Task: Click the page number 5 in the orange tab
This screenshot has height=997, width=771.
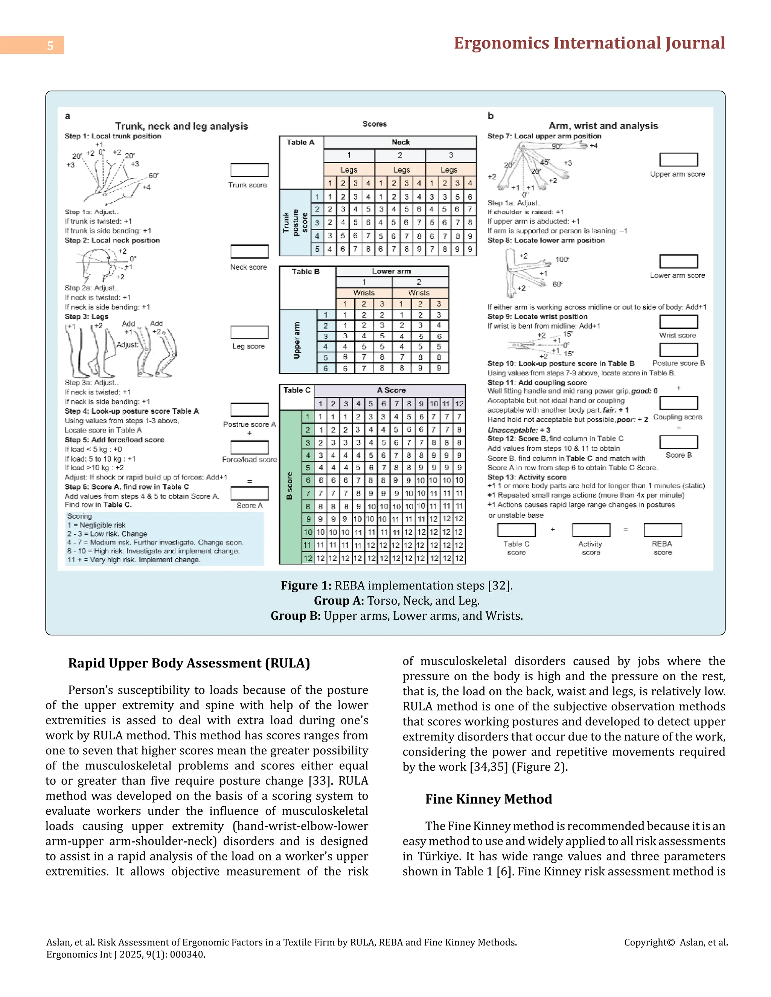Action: click(x=50, y=45)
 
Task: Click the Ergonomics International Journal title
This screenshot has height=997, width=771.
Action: click(x=589, y=43)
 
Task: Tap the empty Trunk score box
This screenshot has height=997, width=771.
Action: click(x=249, y=170)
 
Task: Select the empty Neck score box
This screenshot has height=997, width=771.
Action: click(x=249, y=252)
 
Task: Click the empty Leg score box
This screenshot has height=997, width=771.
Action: click(x=249, y=332)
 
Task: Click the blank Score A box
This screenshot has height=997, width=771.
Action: click(x=249, y=494)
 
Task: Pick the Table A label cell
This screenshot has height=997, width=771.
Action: click(x=300, y=143)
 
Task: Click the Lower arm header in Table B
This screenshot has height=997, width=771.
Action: click(x=392, y=271)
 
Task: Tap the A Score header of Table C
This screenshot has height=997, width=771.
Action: click(x=391, y=390)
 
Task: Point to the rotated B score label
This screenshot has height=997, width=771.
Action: click(x=290, y=486)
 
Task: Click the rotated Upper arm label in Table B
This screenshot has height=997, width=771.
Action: click(x=297, y=340)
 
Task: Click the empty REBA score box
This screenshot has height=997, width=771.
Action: click(x=662, y=530)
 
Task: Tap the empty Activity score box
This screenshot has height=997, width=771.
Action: click(x=591, y=530)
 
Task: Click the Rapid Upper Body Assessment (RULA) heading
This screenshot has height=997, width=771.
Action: click(x=189, y=663)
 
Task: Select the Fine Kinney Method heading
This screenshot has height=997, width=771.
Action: click(x=488, y=799)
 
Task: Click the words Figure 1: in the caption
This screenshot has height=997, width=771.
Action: click(x=306, y=586)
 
